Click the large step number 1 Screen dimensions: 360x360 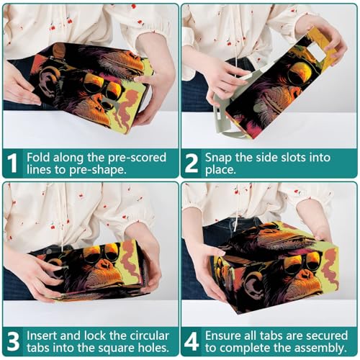pos(12,163)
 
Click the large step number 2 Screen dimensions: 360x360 pos(192,163)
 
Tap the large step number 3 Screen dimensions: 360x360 pos(13,341)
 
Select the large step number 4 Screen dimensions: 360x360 pos(192,341)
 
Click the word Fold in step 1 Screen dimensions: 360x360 pos(38,158)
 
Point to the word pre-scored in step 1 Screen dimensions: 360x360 pos(137,158)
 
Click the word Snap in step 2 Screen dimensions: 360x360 pos(218,158)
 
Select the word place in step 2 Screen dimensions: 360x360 pos(220,170)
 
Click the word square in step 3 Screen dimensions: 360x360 pos(120,348)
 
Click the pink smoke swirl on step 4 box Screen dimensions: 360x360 pos(330,268)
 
